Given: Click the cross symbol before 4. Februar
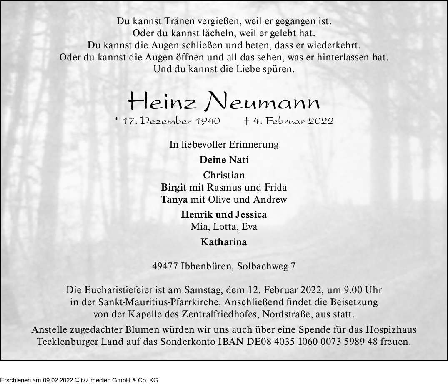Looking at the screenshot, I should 246,121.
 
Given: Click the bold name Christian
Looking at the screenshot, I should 224,176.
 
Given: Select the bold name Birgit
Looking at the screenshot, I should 174,187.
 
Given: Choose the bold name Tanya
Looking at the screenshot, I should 174,199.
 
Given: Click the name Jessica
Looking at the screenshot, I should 251,215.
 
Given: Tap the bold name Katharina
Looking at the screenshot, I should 224,242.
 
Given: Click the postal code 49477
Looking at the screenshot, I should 167,266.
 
